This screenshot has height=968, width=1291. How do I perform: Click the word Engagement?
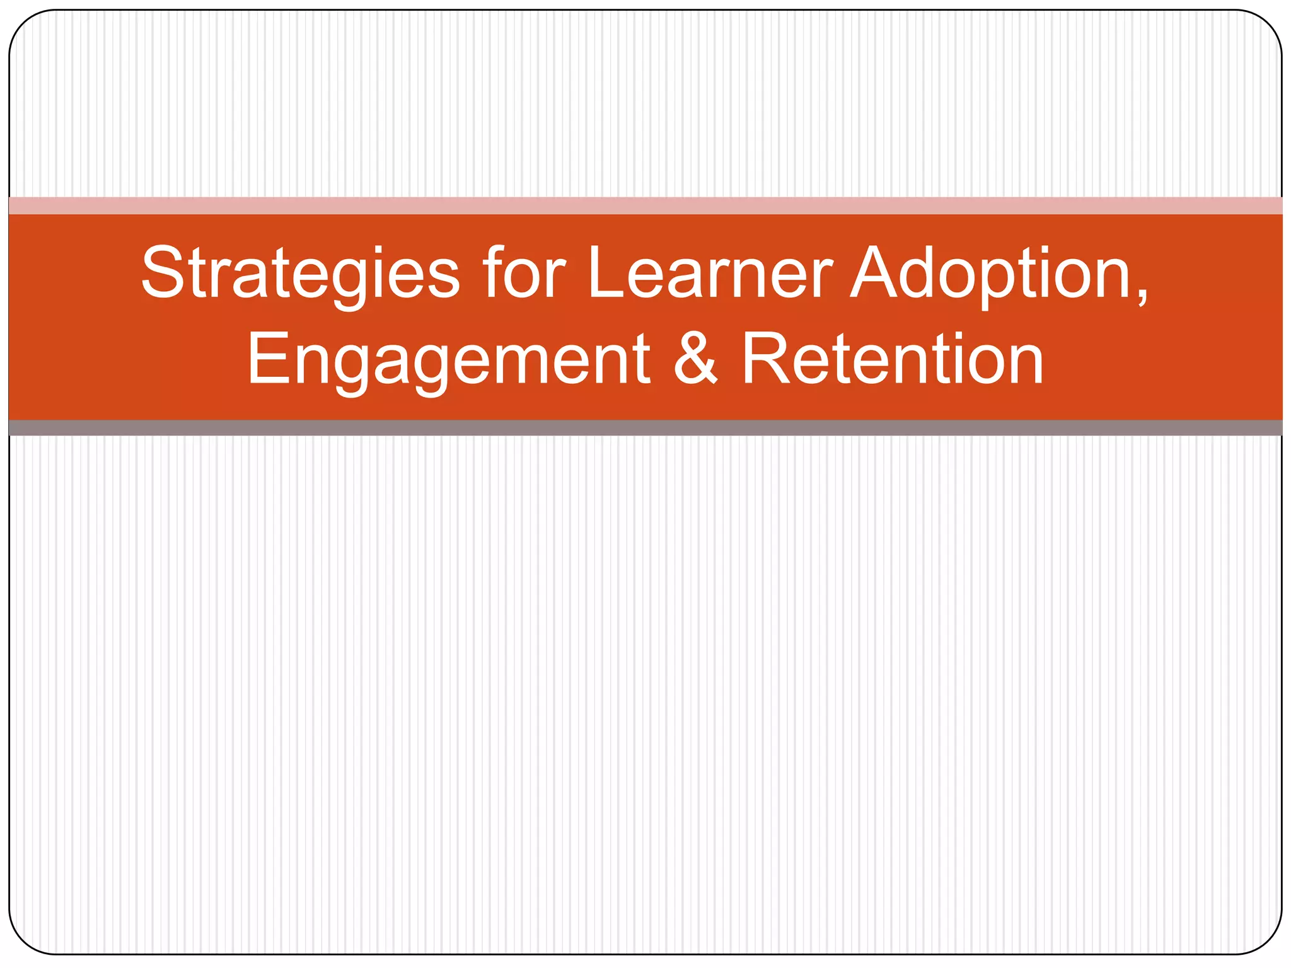pyautogui.click(x=448, y=360)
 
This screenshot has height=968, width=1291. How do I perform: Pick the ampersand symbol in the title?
pyautogui.click(x=695, y=360)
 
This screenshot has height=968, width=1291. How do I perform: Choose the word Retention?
pyautogui.click(x=892, y=360)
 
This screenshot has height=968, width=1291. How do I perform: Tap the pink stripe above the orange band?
pyautogui.click(x=645, y=205)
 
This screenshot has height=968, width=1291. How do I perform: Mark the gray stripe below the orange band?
pyautogui.click(x=645, y=428)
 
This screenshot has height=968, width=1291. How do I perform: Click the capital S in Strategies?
pyautogui.click(x=163, y=273)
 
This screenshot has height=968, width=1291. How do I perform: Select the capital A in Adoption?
pyautogui.click(x=877, y=273)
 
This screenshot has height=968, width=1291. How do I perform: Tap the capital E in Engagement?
pyautogui.click(x=267, y=359)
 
